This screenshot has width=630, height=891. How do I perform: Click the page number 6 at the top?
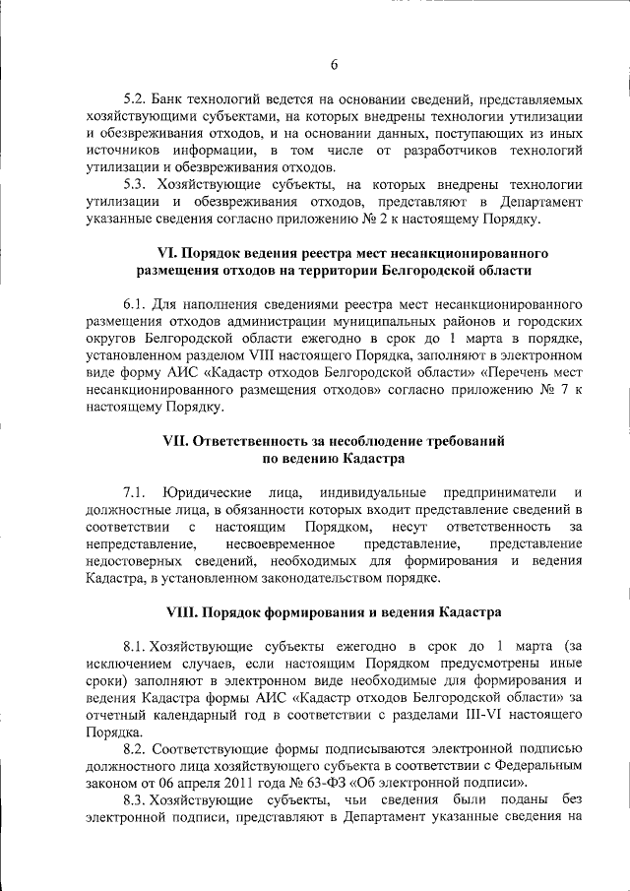pyautogui.click(x=334, y=65)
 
